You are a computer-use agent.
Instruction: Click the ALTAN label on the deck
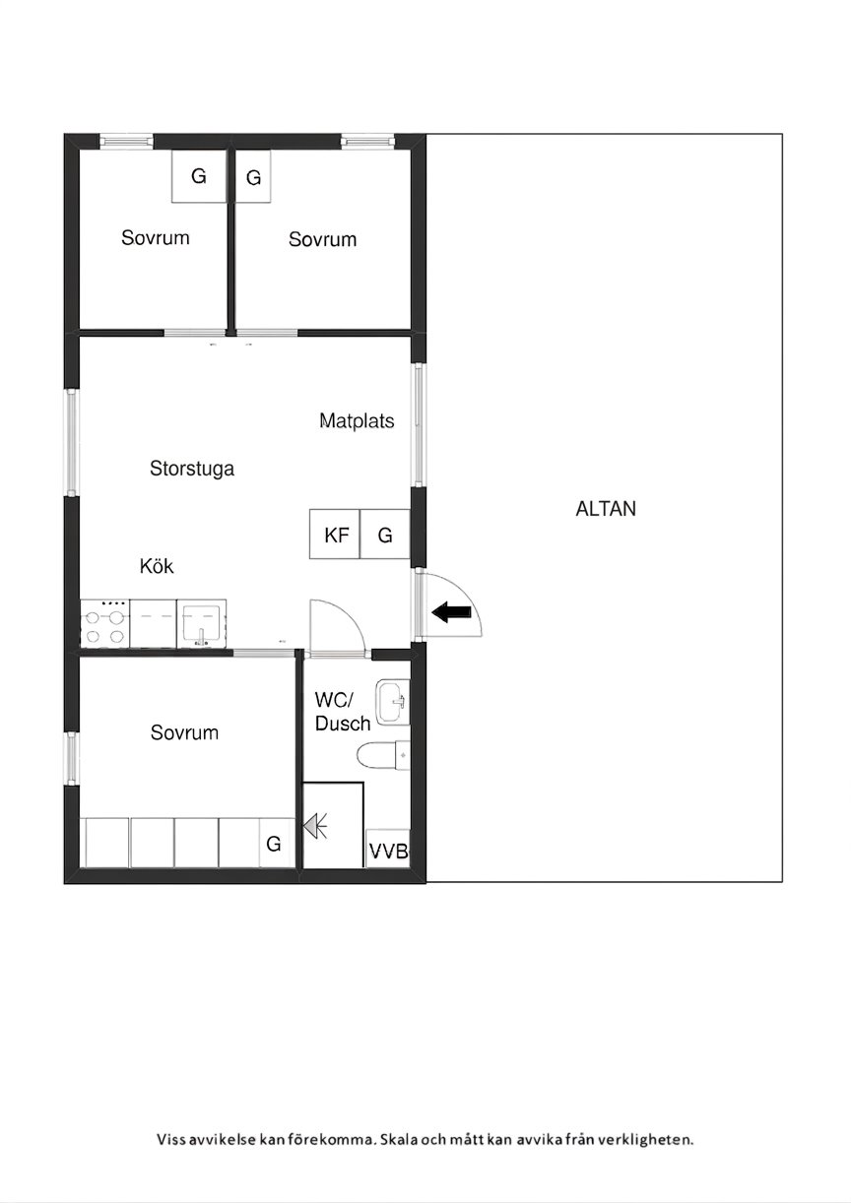[x=606, y=509]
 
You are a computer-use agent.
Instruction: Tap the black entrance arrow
[x=451, y=611]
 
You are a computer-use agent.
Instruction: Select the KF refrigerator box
[x=335, y=534]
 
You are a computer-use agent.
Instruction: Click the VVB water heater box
[x=388, y=849]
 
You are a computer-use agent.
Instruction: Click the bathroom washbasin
[x=393, y=701]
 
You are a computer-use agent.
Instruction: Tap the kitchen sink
[x=202, y=623]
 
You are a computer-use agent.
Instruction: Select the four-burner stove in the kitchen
[x=105, y=623]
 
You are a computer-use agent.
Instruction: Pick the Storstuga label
[x=192, y=469]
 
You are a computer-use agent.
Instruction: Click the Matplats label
[x=357, y=421]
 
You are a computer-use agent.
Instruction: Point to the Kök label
[x=157, y=566]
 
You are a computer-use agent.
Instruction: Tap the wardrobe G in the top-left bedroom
[x=199, y=176]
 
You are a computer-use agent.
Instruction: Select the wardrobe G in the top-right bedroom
[x=253, y=176]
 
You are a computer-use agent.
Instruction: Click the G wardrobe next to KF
[x=385, y=534]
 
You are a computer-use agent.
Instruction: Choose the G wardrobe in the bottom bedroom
[x=277, y=843]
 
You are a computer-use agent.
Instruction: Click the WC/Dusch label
[x=342, y=712]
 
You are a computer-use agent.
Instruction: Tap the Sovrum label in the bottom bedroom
[x=184, y=732]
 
